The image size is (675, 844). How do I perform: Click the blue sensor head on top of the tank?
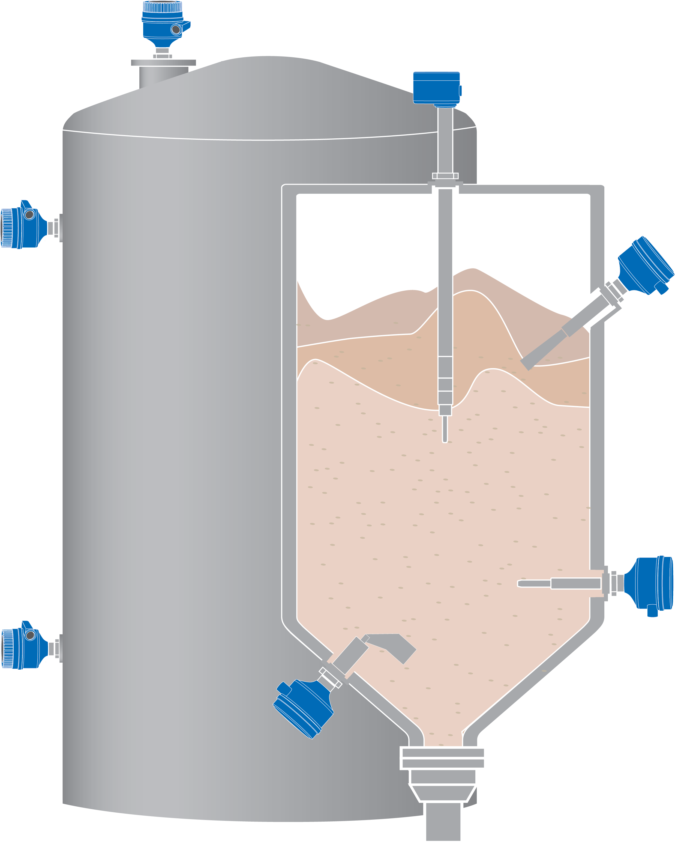(162, 23)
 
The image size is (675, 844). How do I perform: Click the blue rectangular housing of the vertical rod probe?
(436, 88)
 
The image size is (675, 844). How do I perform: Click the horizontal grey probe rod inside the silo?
(560, 584)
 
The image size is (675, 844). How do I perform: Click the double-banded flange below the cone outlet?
(443, 758)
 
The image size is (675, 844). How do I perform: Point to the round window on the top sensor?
(176, 29)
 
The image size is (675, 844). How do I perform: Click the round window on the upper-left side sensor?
(29, 214)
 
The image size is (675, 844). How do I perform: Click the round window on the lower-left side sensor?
(30, 635)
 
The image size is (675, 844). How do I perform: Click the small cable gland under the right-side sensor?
(652, 611)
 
